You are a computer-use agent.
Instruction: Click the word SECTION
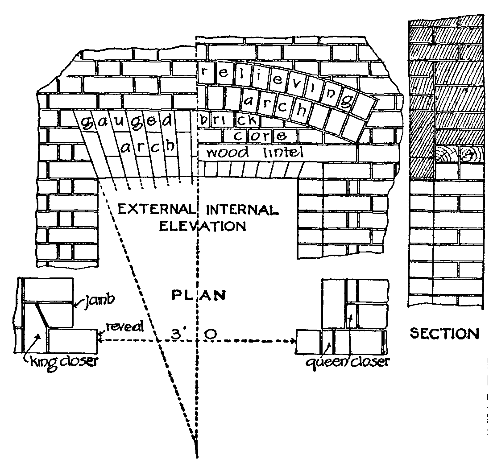point(444,334)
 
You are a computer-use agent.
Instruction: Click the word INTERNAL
point(241,209)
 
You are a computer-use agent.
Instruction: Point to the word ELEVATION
point(197,226)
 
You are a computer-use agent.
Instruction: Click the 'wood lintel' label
point(255,153)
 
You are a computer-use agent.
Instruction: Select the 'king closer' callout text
point(62,360)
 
